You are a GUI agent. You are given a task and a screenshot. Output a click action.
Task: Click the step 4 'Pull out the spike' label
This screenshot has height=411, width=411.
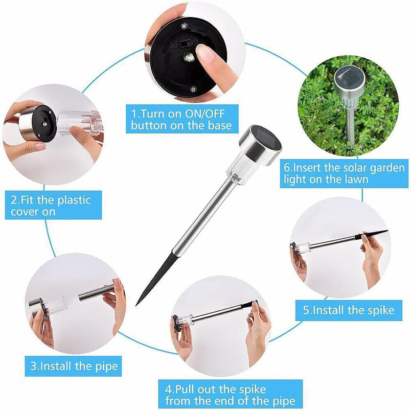click(229, 395)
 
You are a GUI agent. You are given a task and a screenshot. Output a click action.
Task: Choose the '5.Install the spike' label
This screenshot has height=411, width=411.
click(348, 310)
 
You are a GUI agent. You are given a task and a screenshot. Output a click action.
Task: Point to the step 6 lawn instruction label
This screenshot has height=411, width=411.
click(344, 174)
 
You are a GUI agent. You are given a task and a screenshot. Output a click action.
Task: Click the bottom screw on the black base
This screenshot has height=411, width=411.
click(193, 90)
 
